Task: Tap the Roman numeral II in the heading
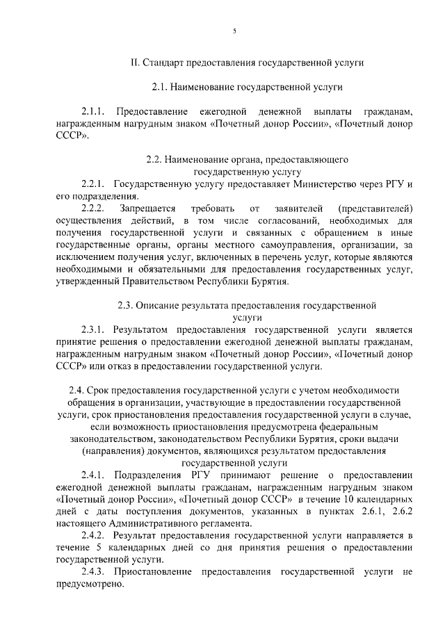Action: point(135,62)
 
